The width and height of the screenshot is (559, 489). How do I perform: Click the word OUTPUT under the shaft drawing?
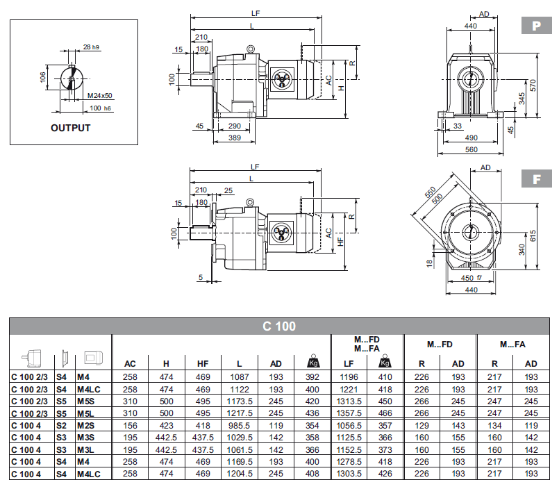[x=70, y=128]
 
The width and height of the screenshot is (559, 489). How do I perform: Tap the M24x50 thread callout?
[x=101, y=95]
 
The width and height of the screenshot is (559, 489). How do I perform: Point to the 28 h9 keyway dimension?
[x=91, y=47]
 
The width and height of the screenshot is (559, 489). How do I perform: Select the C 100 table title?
[x=279, y=326]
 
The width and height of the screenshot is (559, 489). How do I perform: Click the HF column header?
[x=203, y=363]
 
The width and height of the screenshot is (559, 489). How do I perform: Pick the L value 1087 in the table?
[x=239, y=376]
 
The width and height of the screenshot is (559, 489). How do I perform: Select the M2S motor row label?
[x=86, y=424]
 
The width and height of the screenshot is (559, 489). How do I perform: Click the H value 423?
[x=166, y=424]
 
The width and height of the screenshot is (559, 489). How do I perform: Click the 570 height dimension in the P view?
[x=533, y=85]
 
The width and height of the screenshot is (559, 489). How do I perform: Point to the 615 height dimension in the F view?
[x=533, y=235]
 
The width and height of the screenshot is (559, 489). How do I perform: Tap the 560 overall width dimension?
[x=471, y=149]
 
